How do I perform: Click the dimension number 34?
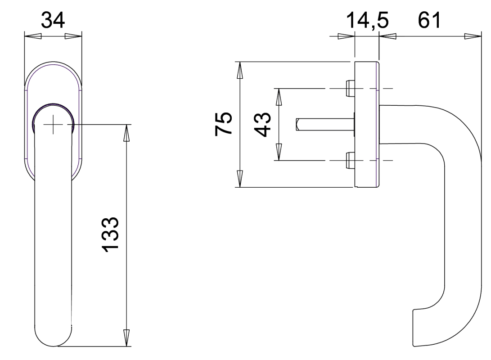pyautogui.click(x=53, y=20)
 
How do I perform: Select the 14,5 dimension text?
pyautogui.click(x=367, y=21)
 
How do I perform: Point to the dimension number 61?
pyautogui.click(x=429, y=20)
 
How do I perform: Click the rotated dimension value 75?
pyautogui.click(x=224, y=124)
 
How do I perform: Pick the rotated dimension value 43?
pyautogui.click(x=262, y=124)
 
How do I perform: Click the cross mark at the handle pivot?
pyautogui.click(x=53, y=125)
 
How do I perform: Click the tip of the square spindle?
pyautogui.click(x=297, y=124)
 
